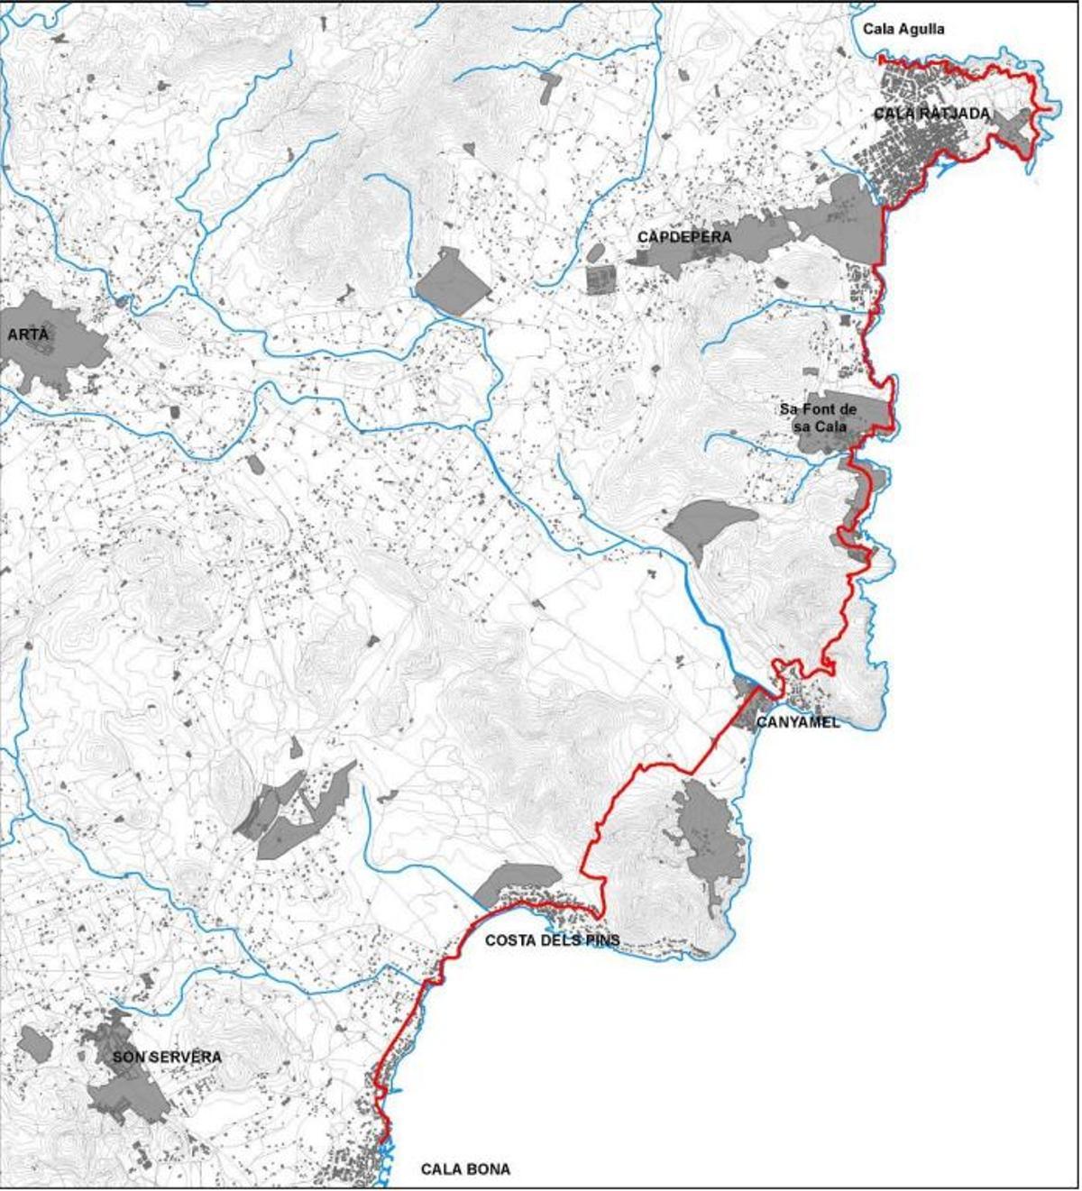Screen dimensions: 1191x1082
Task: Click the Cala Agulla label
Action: (903, 29)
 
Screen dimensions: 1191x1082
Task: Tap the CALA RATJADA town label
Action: (931, 114)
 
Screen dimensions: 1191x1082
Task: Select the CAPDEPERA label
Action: (684, 237)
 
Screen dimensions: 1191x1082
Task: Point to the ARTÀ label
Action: (29, 334)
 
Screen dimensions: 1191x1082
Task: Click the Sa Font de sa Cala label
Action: (819, 417)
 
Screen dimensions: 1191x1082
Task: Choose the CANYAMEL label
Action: (798, 722)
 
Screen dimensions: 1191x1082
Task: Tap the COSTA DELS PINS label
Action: (552, 940)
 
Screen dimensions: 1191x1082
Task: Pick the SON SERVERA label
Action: (167, 1057)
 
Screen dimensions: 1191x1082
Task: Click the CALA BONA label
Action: (465, 1169)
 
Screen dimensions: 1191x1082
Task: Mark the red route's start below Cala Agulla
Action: (882, 60)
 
